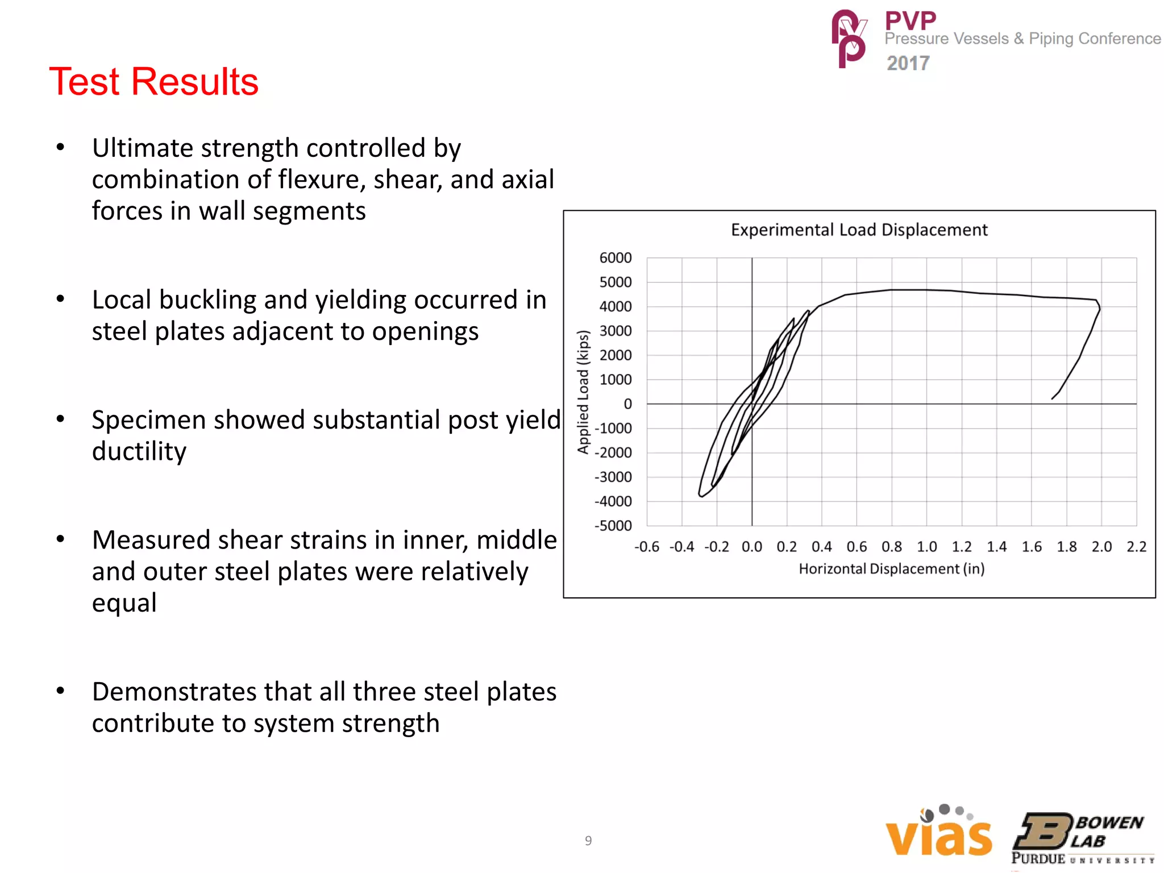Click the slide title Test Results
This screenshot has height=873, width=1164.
(153, 81)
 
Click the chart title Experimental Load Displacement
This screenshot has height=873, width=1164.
(859, 230)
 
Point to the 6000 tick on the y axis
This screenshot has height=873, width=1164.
(616, 258)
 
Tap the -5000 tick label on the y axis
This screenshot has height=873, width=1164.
(613, 526)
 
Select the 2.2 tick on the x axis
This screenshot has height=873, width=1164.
(1136, 547)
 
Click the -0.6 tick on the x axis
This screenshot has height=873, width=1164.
(647, 547)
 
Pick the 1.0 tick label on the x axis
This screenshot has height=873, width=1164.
(926, 547)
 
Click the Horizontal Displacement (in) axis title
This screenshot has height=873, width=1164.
(891, 569)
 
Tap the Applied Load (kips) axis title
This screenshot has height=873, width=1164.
(583, 392)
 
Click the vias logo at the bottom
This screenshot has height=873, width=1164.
(939, 833)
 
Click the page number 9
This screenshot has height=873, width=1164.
(588, 841)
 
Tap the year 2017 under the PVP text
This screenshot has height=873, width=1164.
(908, 63)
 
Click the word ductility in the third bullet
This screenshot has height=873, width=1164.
(139, 451)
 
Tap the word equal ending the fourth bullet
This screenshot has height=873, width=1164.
(124, 603)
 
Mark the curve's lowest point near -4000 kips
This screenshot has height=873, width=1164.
(701, 496)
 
